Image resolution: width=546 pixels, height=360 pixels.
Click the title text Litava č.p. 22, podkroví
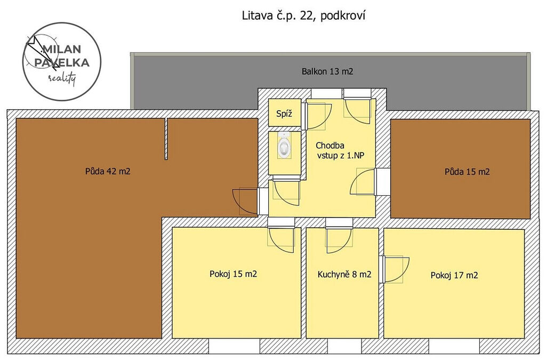click(x=303, y=16)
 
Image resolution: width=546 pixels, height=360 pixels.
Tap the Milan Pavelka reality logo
click(x=62, y=62)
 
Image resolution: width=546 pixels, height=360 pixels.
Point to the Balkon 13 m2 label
click(x=327, y=71)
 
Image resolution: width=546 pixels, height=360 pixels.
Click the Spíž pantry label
click(x=284, y=114)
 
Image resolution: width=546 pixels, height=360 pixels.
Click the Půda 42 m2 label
click(x=108, y=171)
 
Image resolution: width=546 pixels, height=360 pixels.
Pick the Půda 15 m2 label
click(x=467, y=172)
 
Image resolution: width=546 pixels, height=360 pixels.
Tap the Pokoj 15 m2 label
click(x=234, y=274)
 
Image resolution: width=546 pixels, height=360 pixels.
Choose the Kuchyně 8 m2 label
click(x=344, y=274)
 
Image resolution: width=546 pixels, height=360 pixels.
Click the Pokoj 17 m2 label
click(x=454, y=275)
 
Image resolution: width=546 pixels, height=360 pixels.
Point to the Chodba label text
click(x=330, y=146)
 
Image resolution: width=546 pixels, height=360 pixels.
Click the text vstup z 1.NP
click(x=341, y=156)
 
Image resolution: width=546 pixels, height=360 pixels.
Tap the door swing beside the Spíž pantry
click(x=316, y=116)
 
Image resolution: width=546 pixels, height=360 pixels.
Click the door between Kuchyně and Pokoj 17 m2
click(x=394, y=269)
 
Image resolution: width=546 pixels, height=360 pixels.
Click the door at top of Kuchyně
click(x=339, y=240)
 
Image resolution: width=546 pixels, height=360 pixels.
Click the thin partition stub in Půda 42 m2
click(x=166, y=139)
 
